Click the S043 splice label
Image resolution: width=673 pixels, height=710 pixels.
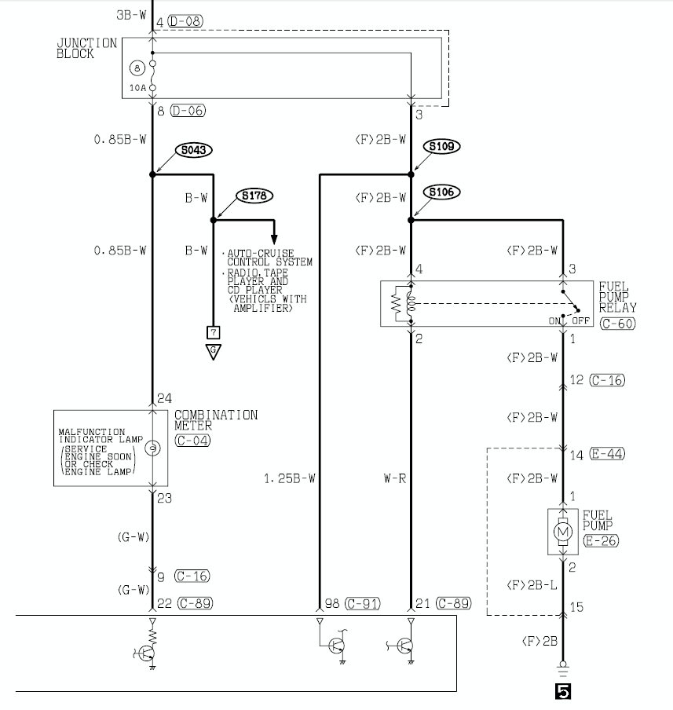click(x=193, y=150)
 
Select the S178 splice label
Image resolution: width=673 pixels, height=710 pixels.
click(x=254, y=196)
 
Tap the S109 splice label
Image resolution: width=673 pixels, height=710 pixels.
click(x=441, y=146)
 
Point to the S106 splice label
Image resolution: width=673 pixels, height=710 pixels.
click(x=441, y=192)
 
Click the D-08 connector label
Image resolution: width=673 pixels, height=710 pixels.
click(x=185, y=21)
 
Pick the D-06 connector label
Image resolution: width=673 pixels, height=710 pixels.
click(x=188, y=111)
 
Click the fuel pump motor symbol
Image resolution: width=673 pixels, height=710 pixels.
click(x=563, y=532)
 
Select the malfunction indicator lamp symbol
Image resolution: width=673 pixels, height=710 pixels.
click(x=152, y=448)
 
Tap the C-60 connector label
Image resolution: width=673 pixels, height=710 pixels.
click(x=618, y=324)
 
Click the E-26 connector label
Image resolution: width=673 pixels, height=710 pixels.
click(x=601, y=540)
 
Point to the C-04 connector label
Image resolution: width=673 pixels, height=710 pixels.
click(x=192, y=441)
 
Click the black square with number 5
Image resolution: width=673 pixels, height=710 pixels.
click(x=563, y=691)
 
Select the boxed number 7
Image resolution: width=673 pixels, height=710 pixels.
click(x=214, y=333)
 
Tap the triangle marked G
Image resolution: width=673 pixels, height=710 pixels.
click(x=214, y=351)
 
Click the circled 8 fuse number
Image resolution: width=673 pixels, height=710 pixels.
click(x=137, y=68)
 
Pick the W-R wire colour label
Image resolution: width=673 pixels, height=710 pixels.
click(x=395, y=478)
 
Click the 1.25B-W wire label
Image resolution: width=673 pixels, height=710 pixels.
click(x=290, y=478)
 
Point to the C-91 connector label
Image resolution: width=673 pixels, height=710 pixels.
click(x=363, y=604)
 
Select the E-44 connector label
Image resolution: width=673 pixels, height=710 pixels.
click(x=607, y=454)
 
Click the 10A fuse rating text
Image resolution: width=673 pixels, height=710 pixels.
click(x=137, y=88)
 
